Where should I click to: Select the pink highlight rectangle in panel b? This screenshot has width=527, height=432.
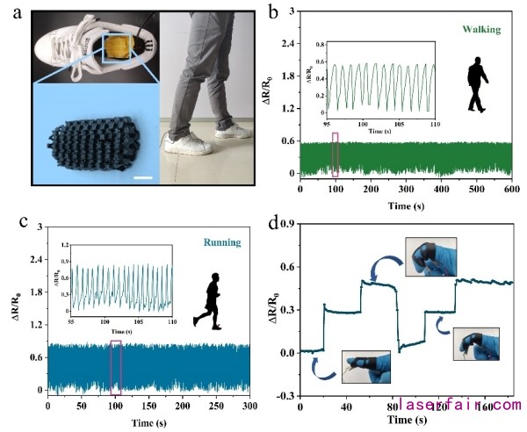[x=335, y=155]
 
